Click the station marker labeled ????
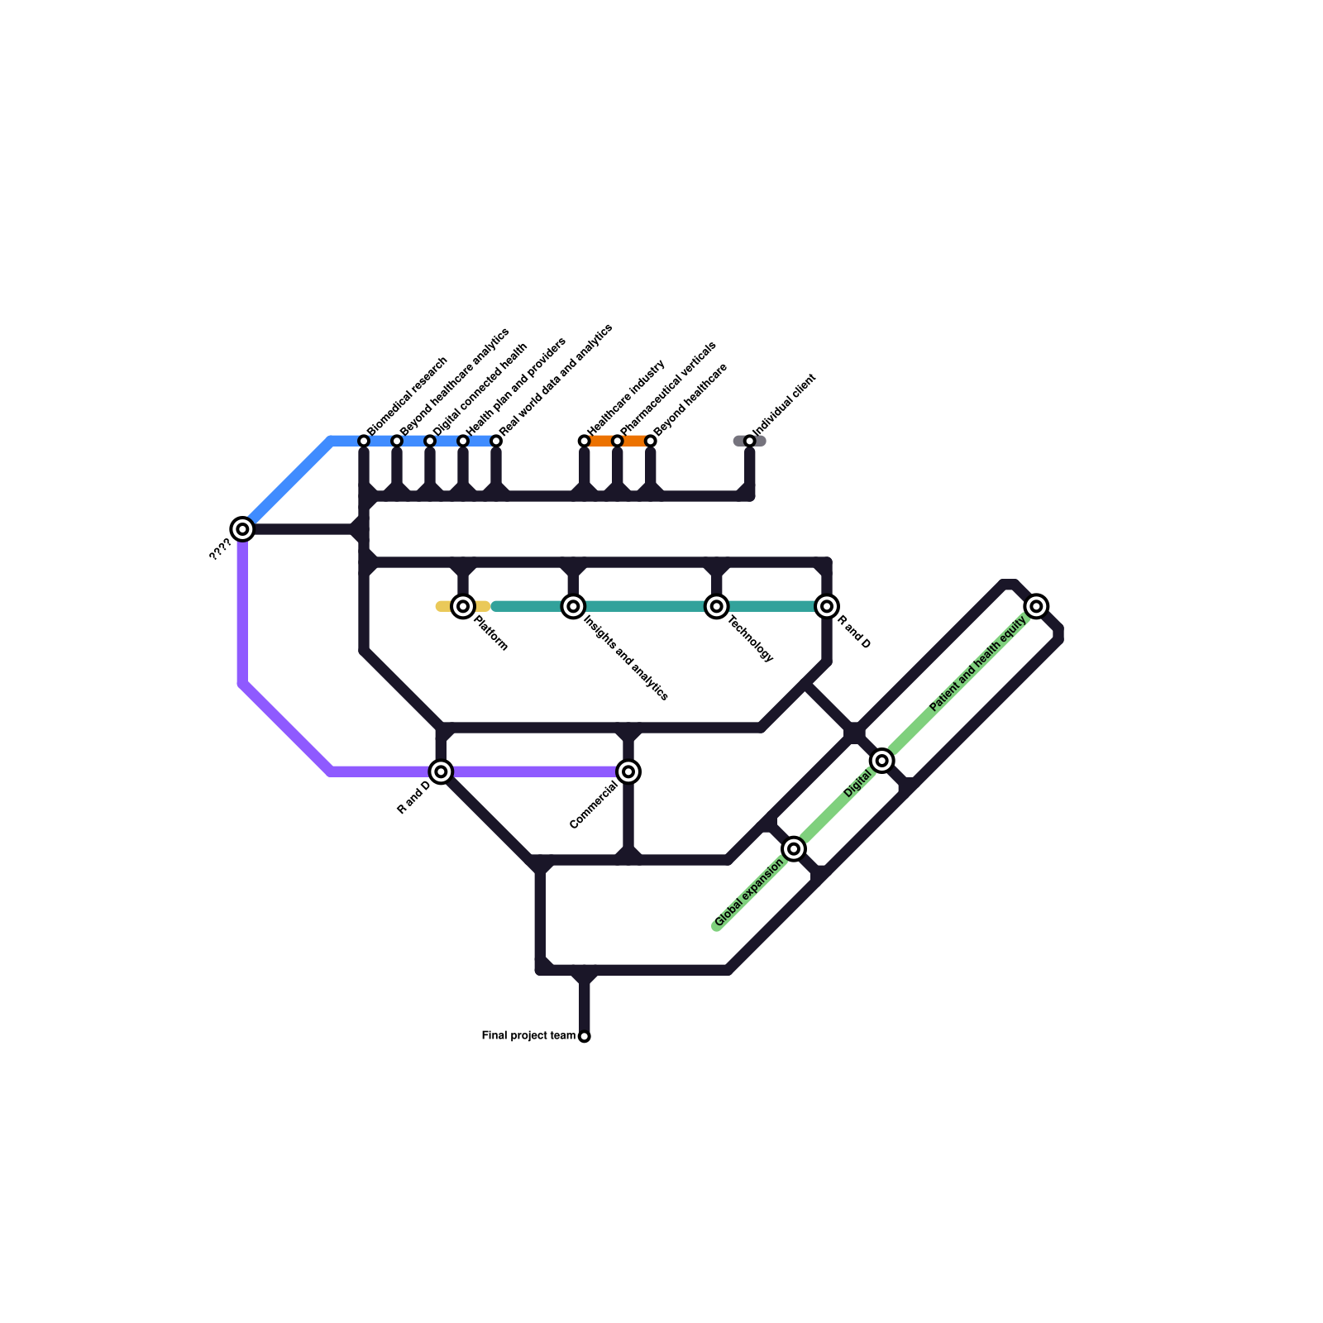click(241, 528)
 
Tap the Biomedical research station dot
click(364, 441)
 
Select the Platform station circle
click(463, 606)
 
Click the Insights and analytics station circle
click(573, 606)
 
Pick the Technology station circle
click(717, 606)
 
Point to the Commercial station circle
click(628, 771)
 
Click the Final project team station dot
click(585, 1036)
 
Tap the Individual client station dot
click(749, 441)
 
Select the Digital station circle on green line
click(882, 760)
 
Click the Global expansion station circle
click(794, 848)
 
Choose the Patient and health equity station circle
click(1036, 606)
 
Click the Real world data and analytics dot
click(496, 441)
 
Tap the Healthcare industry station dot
click(585, 441)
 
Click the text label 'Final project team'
click(528, 1035)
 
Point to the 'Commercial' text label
click(593, 805)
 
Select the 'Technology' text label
click(751, 638)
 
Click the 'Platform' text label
click(490, 633)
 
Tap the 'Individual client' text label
click(785, 404)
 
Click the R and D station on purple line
click(441, 771)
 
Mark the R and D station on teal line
click(827, 606)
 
